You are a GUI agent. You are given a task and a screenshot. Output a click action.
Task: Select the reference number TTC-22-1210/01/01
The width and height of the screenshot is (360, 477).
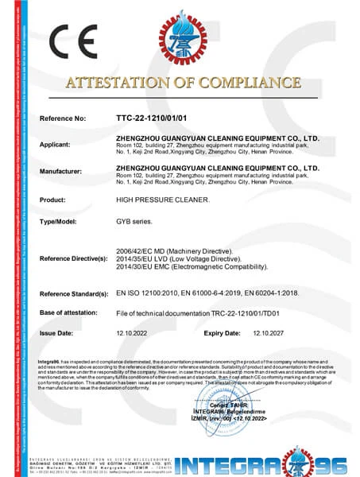click(151, 118)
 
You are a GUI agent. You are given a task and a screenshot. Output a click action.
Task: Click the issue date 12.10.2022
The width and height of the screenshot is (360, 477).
click(134, 334)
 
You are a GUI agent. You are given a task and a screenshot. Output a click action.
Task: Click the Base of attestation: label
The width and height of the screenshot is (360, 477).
click(72, 314)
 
